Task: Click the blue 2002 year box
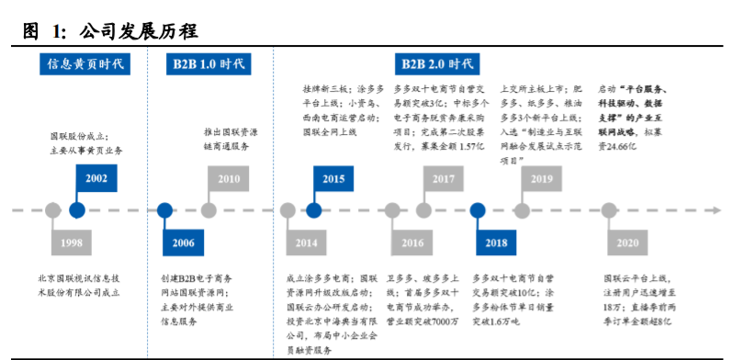tap(96, 178)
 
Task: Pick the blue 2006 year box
tap(182, 242)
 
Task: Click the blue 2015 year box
tap(333, 178)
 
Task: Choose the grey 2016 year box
tap(412, 242)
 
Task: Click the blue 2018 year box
tap(495, 242)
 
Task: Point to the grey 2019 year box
tap(542, 178)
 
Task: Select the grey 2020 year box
tap(626, 242)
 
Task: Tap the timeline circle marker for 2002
tap(78, 210)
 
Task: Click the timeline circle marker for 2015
tap(315, 210)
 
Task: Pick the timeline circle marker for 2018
tap(478, 210)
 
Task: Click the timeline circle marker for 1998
tap(53, 210)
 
